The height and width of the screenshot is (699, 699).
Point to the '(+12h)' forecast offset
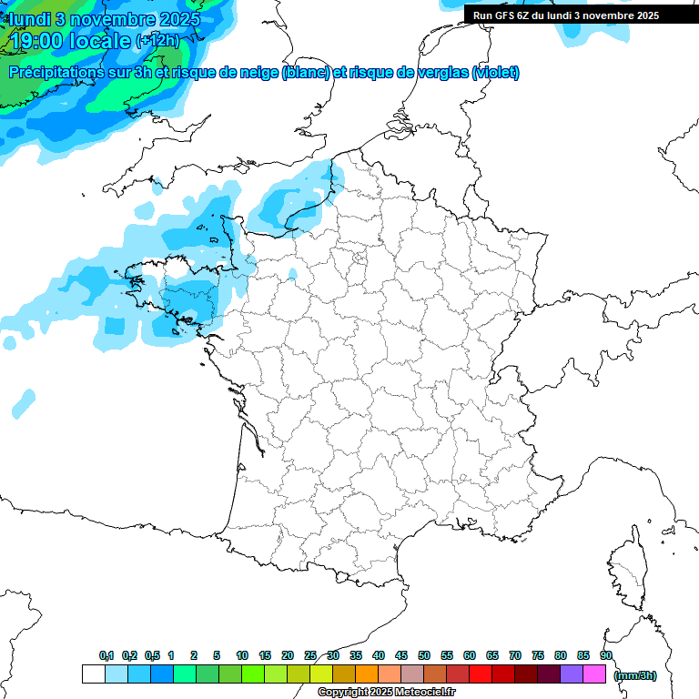pyautogui.click(x=157, y=41)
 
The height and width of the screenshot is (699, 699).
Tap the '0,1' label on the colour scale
pyautogui.click(x=106, y=655)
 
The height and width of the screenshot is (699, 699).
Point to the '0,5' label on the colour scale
pyautogui.click(x=152, y=655)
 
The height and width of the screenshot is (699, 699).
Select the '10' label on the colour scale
pyautogui.click(x=242, y=655)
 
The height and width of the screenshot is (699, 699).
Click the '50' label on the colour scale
pyautogui.click(x=424, y=655)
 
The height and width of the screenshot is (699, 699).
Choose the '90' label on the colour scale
pyautogui.click(x=605, y=655)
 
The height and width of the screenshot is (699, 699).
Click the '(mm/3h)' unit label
pyautogui.click(x=635, y=674)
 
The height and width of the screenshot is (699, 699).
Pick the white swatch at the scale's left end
pyautogui.click(x=93, y=674)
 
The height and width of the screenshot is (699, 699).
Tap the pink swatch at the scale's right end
pyautogui.click(x=594, y=674)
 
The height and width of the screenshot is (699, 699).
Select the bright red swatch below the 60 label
pyautogui.click(x=481, y=674)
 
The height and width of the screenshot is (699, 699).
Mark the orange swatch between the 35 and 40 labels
pyautogui.click(x=367, y=674)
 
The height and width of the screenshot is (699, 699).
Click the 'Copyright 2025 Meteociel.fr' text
pyautogui.click(x=386, y=692)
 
